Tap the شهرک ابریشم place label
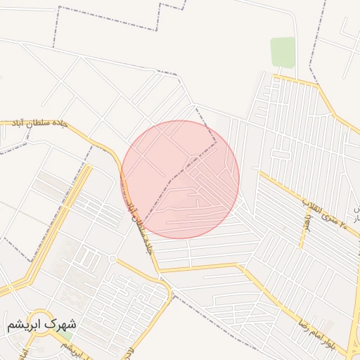[x=41, y=326]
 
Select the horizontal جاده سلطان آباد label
[x=39, y=123]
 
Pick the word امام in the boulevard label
[x=325, y=332]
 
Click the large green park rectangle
[x=283, y=52]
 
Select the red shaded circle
[x=180, y=179]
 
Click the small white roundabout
[x=112, y=259]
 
